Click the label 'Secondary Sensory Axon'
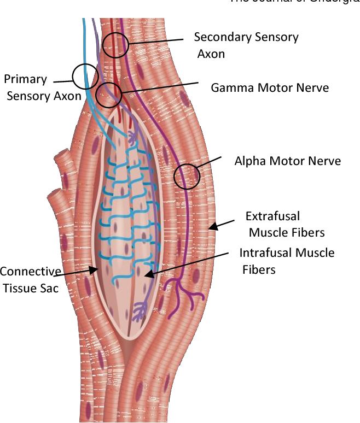coord(246,45)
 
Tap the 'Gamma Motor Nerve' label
coord(270,87)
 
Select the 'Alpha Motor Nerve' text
coord(287,161)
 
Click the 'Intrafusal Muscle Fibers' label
coord(287,261)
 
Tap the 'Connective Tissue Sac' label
coord(30,280)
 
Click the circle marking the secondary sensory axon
coord(115,45)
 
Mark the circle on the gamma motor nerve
coord(109,96)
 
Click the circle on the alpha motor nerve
coord(187,177)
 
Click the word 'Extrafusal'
coord(272,216)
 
